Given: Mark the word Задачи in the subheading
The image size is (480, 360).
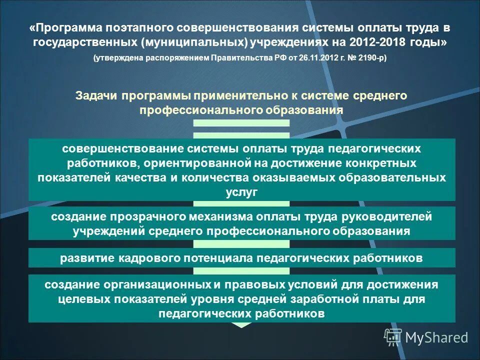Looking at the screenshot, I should point(96,95).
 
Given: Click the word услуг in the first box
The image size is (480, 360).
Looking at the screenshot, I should point(241,192).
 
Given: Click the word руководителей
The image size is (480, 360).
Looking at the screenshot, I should point(386,217).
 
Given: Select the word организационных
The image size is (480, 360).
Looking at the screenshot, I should point(160,284).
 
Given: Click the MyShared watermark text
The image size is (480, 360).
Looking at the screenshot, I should point(436,337).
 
